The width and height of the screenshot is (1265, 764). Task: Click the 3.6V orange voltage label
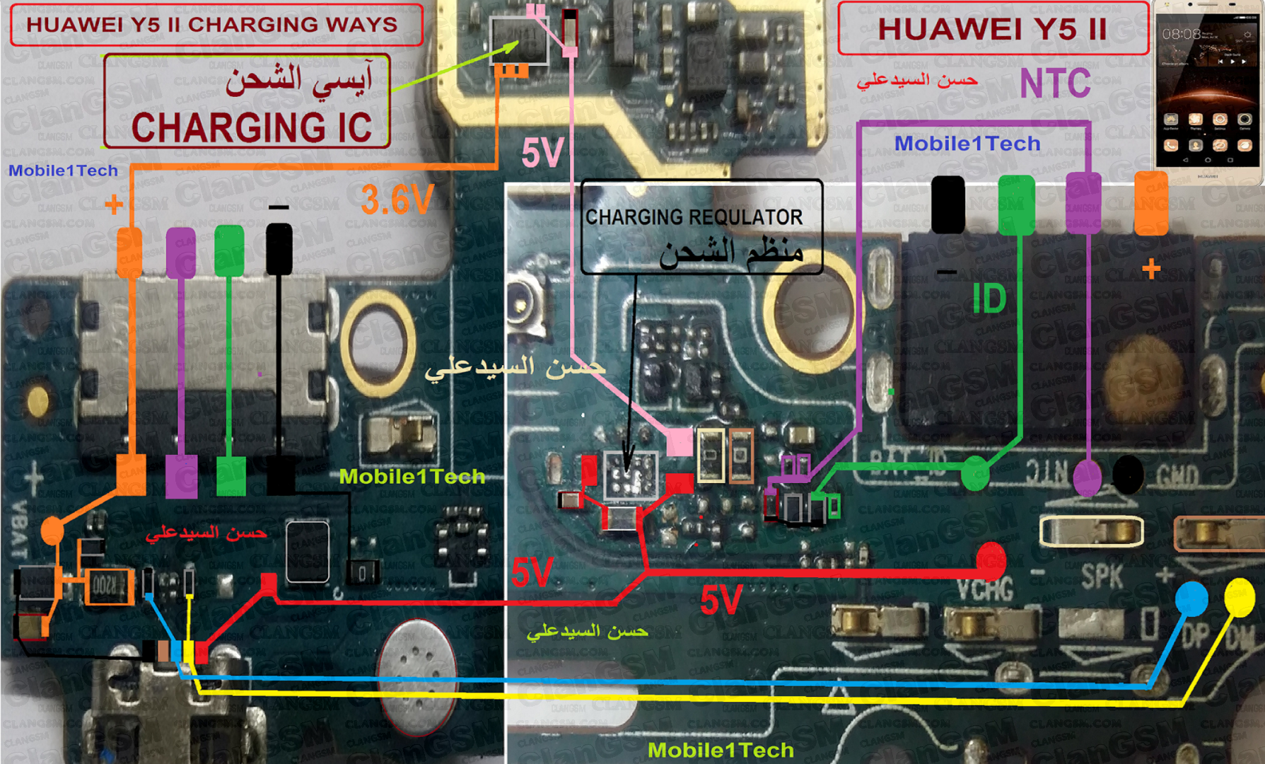click(x=397, y=199)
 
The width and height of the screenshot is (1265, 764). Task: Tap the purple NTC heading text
click(x=1055, y=83)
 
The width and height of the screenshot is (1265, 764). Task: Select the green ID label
click(x=989, y=299)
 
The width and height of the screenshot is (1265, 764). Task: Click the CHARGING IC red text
click(x=251, y=127)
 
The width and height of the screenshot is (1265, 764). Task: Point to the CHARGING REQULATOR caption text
click(x=694, y=217)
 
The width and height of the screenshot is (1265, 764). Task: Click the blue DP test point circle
click(x=1191, y=598)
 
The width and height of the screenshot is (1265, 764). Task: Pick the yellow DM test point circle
click(x=1239, y=596)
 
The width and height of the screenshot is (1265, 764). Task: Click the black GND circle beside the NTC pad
click(x=1128, y=475)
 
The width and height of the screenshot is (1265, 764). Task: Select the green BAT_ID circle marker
click(x=976, y=473)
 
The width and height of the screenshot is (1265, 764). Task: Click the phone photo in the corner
click(x=1208, y=92)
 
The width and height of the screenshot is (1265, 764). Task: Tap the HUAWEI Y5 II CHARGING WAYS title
click(x=212, y=24)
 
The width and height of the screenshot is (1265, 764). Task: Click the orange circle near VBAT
click(x=52, y=531)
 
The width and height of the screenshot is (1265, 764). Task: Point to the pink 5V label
click(x=542, y=152)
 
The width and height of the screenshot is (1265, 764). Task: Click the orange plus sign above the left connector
click(x=114, y=204)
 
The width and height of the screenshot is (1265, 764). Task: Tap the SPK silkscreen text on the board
click(x=1102, y=577)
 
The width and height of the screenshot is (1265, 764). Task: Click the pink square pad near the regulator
click(x=680, y=443)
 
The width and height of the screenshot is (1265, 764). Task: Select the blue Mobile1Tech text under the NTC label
click(x=967, y=144)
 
